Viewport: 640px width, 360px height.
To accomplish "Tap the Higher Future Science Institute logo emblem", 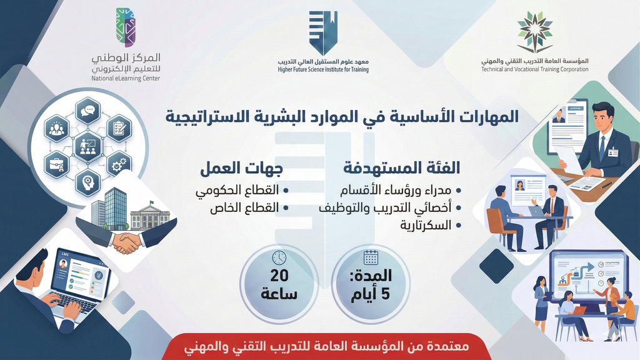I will pos(322,32).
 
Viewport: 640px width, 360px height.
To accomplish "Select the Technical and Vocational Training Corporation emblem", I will pos(534,31).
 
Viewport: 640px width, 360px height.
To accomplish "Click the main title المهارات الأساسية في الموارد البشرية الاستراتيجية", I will pos(342,116).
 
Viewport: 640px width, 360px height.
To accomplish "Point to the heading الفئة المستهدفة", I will pos(401,168).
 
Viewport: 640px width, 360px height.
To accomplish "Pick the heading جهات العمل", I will pos(241,168).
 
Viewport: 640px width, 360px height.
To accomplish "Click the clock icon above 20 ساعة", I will pos(279,257).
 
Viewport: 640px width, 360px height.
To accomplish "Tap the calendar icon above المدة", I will pos(371,257).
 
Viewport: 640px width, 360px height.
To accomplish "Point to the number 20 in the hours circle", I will pos(279,276).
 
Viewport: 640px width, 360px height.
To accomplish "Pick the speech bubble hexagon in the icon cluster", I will pos(87,112).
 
